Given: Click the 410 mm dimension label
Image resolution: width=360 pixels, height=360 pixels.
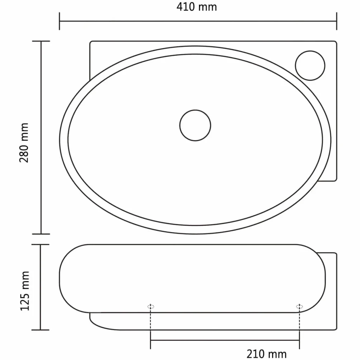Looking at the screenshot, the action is click(x=196, y=7).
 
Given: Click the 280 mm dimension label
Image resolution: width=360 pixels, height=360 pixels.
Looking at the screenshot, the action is click(x=24, y=143).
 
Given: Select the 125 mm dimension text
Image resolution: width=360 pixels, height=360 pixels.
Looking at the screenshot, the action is click(x=25, y=291).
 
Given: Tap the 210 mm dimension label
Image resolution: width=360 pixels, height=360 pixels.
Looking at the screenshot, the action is click(x=266, y=354).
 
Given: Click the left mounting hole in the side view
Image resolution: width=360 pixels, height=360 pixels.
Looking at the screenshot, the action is click(x=151, y=307).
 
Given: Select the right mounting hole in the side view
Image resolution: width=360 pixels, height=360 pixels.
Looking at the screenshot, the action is click(x=299, y=307).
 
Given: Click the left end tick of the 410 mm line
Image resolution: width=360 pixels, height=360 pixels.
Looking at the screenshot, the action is click(x=60, y=21).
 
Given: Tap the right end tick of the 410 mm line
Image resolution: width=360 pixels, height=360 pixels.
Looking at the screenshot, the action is click(x=337, y=21).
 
